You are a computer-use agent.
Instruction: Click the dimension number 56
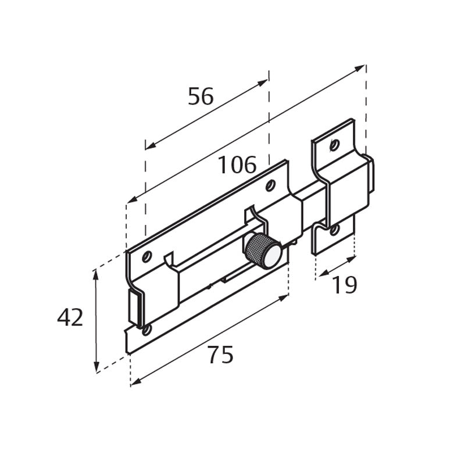coord(201,96)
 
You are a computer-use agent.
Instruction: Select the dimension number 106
coord(237,166)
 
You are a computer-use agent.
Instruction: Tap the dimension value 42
coord(70,318)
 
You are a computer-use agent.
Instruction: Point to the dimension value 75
coord(220,355)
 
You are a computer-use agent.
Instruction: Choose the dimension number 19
coord(344,285)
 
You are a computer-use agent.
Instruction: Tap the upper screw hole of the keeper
coord(334,145)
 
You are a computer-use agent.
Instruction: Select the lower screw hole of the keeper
coord(334,230)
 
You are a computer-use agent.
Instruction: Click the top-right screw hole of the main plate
coord(270,185)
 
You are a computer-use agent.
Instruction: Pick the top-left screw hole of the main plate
coord(147,255)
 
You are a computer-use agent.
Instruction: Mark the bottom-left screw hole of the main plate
coord(146,330)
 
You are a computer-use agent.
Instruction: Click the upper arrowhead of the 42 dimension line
coord(96,274)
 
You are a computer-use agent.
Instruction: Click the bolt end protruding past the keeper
coord(371,174)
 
